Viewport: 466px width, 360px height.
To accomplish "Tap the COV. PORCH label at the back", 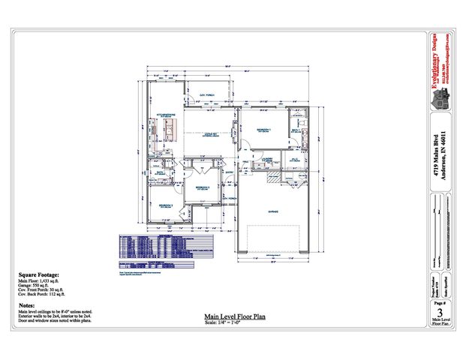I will pos(207,94).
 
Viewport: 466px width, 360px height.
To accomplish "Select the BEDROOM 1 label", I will pos(261,129).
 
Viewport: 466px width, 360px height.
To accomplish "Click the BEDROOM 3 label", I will pos(202,187).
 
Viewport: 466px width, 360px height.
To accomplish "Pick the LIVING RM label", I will pos(210,135).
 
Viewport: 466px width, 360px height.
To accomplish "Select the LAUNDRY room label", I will pos(265,160).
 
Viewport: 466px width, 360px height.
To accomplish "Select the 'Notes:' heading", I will pos(26,305).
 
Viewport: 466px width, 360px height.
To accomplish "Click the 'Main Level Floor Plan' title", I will pos(233,317).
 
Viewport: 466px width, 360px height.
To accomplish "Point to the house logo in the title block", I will pos(443,97).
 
